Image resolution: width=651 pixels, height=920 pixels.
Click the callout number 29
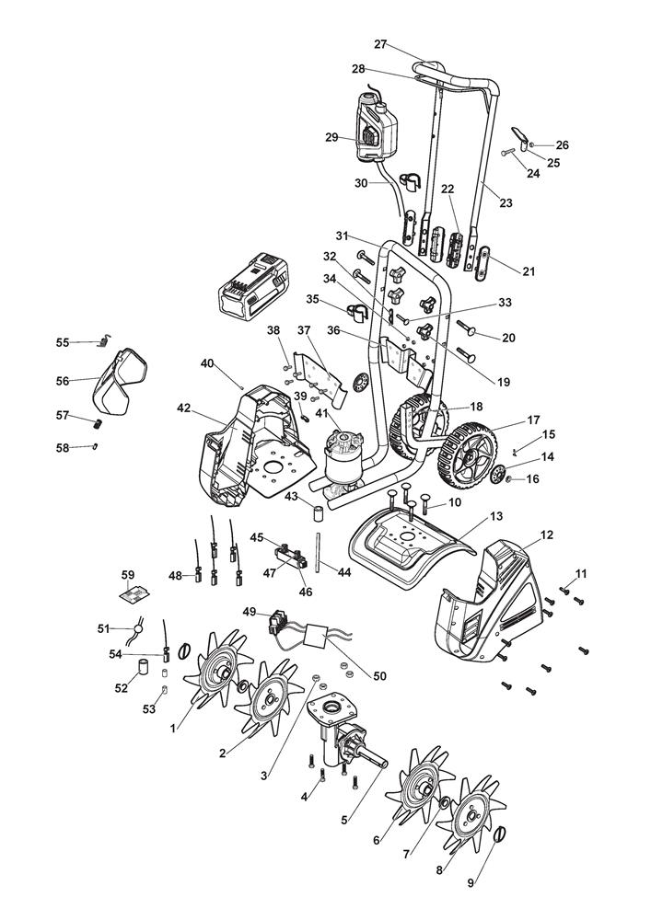(331, 137)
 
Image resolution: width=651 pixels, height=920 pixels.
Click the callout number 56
(63, 380)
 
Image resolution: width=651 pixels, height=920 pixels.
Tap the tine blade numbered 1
(219, 675)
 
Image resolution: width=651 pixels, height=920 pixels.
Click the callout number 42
(185, 408)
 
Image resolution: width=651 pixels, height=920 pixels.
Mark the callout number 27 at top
(381, 43)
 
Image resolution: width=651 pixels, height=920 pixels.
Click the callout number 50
(379, 675)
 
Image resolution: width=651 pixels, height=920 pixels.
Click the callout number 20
(508, 338)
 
